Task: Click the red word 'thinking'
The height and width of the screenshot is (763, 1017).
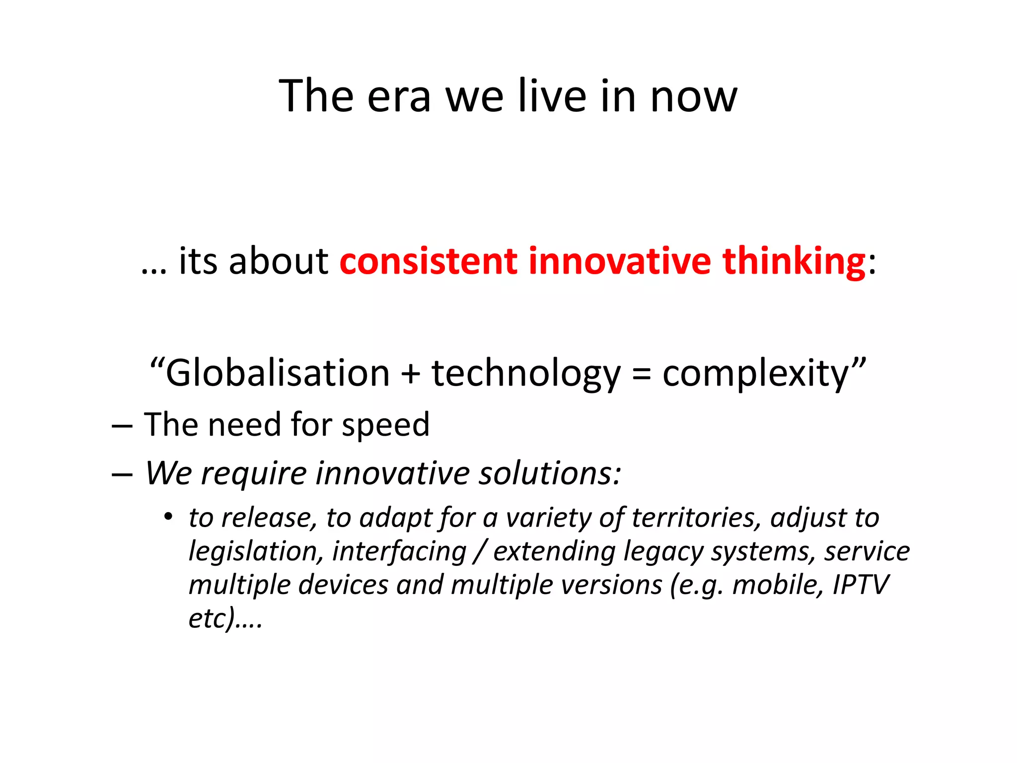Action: pyautogui.click(x=794, y=261)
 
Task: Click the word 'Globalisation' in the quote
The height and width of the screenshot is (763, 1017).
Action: pyautogui.click(x=277, y=374)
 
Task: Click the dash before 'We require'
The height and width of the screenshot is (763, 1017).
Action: pyautogui.click(x=122, y=474)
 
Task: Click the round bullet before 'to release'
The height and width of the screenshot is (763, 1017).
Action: pyautogui.click(x=168, y=517)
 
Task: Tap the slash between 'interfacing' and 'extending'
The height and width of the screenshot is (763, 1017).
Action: pyautogui.click(x=480, y=552)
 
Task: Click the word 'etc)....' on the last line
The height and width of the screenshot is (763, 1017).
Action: pyautogui.click(x=225, y=619)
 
